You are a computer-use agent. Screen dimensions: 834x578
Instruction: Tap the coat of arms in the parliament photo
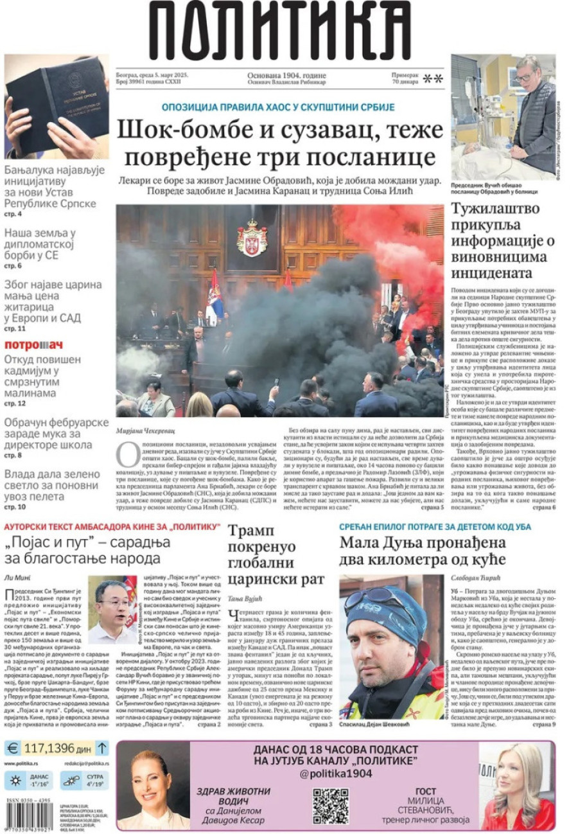point(252,237)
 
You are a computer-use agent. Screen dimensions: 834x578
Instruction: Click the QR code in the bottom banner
point(330,806)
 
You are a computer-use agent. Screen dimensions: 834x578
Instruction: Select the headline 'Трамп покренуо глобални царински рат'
point(277,555)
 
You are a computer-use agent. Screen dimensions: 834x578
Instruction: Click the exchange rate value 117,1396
point(48,748)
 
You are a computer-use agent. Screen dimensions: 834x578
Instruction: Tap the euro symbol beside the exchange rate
point(12,748)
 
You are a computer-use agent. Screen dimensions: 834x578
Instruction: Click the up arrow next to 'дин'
point(101,748)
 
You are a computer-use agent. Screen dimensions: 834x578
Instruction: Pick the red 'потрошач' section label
point(33,345)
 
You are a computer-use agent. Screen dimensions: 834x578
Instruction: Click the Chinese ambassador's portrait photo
point(112,610)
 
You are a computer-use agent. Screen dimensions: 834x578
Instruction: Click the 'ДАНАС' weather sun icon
point(13,781)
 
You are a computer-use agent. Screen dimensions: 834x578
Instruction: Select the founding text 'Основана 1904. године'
point(286,75)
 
